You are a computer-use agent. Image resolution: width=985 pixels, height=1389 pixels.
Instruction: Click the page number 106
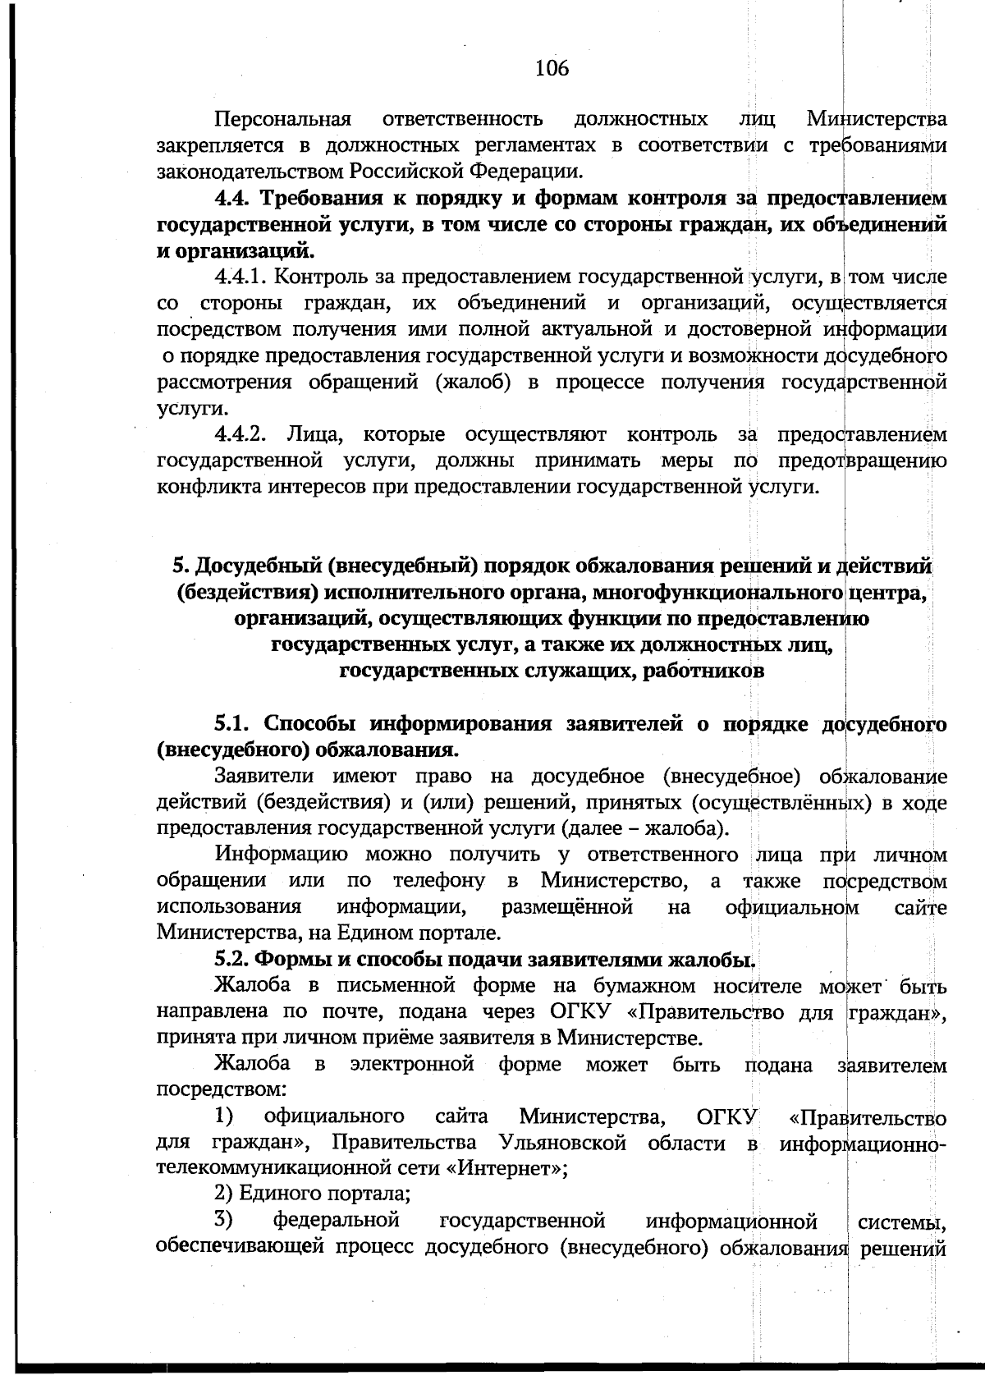click(x=552, y=68)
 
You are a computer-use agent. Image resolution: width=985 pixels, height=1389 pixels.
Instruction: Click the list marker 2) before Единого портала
click(x=223, y=1195)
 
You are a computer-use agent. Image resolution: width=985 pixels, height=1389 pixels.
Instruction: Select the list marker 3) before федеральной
click(x=223, y=1221)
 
